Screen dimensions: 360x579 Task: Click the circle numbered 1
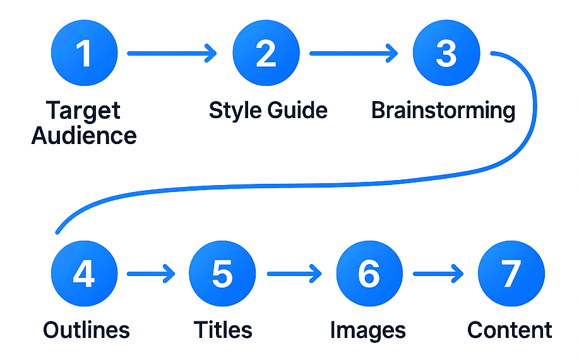84,54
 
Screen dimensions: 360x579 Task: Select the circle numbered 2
266,54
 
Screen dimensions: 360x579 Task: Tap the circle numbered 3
446,54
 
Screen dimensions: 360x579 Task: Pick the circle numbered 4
84,274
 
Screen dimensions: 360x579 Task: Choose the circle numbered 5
222,274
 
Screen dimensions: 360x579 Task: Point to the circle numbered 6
369,274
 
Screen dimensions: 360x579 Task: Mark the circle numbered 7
511,274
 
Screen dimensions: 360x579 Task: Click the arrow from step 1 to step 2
172,54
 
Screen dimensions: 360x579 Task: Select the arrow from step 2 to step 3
354,54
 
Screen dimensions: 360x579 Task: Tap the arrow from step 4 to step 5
152,274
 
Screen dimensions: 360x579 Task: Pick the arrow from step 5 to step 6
294,274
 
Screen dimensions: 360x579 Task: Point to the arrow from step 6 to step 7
438,274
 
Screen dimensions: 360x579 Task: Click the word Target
83,111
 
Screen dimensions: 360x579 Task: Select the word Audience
84,135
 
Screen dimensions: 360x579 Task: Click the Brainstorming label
443,111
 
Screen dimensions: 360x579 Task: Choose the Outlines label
87,330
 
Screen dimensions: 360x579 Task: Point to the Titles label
223,330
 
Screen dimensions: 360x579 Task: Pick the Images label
368,330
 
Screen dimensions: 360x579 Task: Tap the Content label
510,330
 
